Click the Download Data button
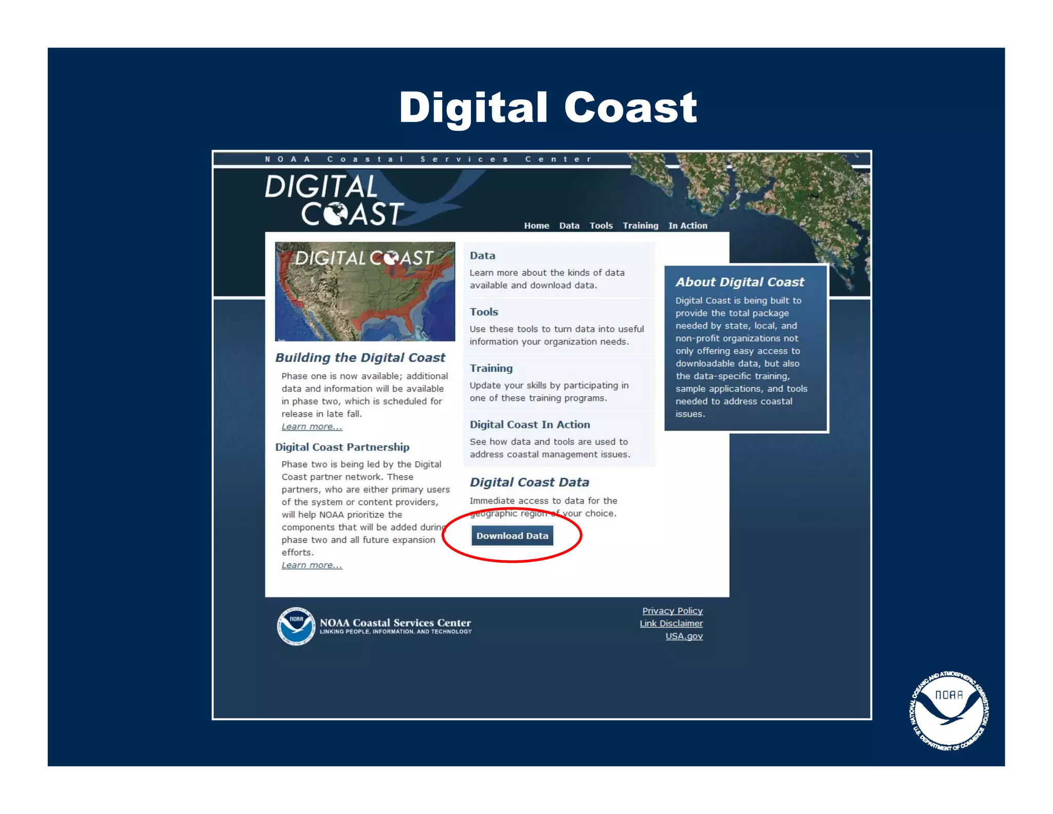point(512,536)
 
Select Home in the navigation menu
point(536,225)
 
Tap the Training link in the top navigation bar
point(640,225)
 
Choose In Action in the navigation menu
point(687,225)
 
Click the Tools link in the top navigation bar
point(601,225)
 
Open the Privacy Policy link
point(672,611)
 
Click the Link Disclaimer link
point(671,623)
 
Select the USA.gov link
point(684,636)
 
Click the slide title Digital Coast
point(548,107)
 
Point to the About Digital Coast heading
point(739,282)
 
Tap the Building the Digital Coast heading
point(360,358)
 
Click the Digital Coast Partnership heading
point(342,447)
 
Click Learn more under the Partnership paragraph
point(312,565)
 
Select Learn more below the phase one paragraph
point(312,427)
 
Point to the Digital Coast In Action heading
point(530,424)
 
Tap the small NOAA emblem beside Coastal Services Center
point(296,626)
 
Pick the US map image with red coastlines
point(365,291)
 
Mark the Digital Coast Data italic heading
point(529,482)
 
